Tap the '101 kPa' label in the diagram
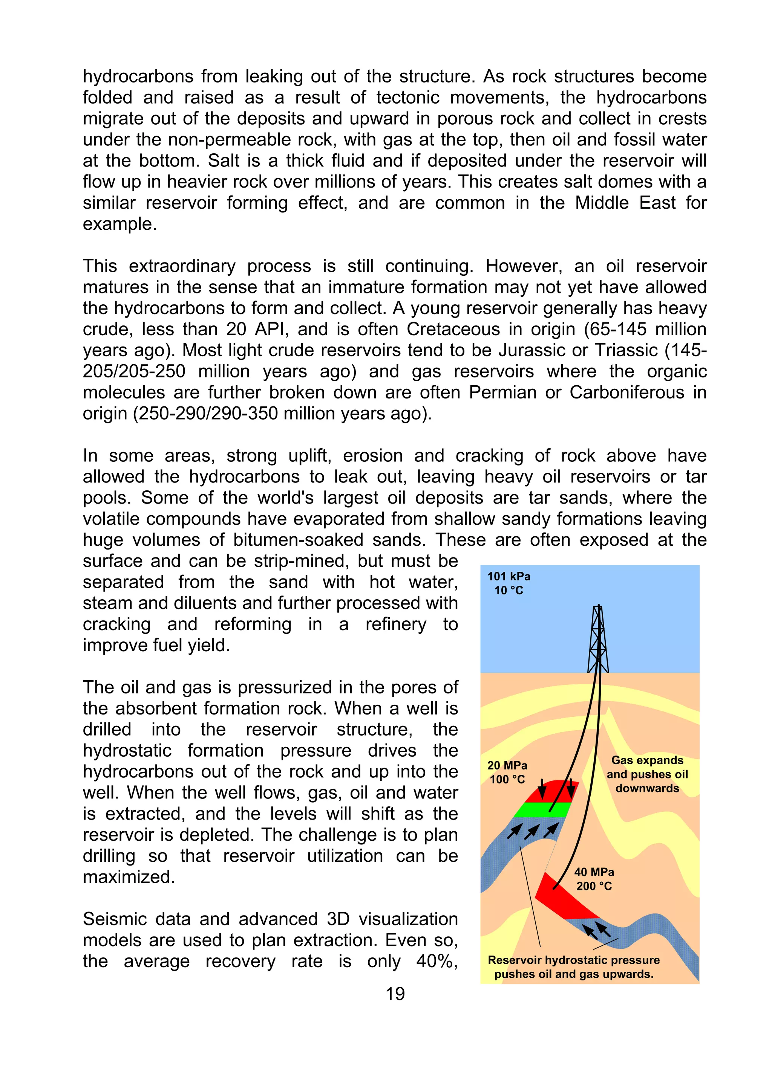[509, 576]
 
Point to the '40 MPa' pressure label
[594, 872]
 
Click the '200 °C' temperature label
[594, 886]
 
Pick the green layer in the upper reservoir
[542, 809]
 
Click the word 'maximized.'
[129, 877]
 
